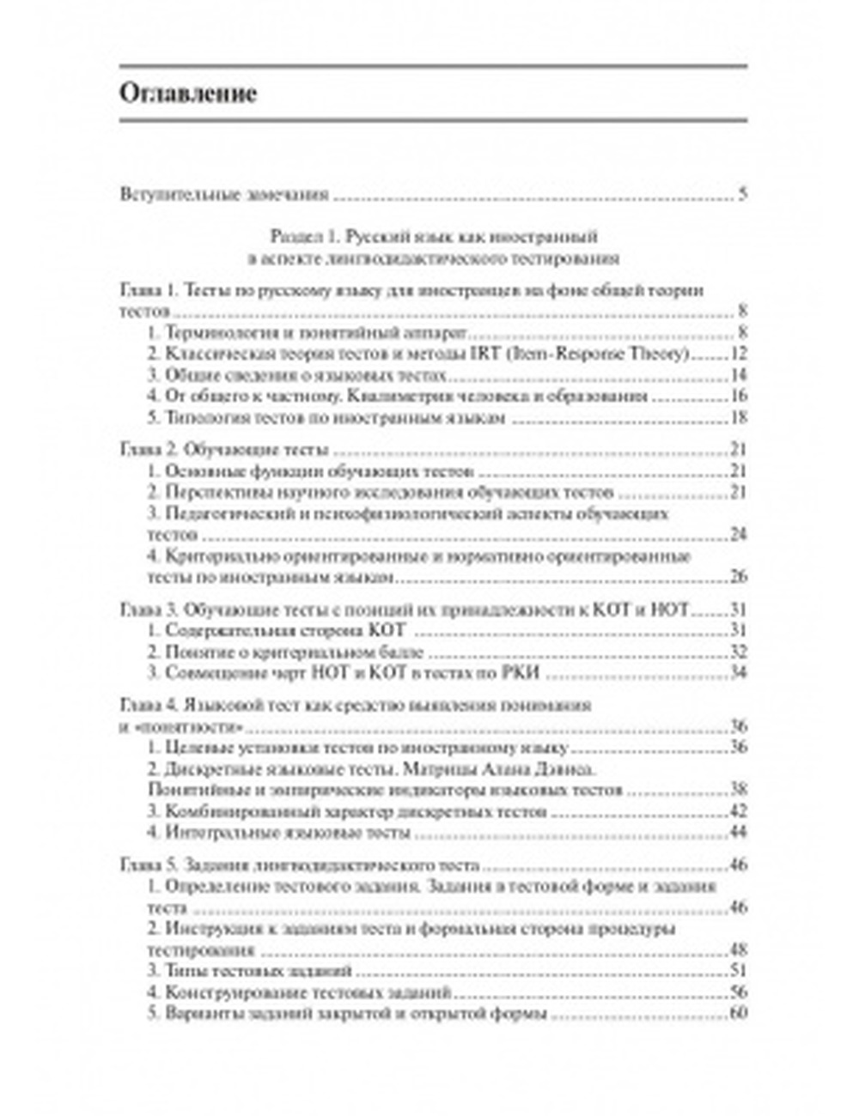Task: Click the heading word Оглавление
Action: [x=188, y=93]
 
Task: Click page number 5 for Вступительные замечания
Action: [x=742, y=194]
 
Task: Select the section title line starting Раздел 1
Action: [x=434, y=236]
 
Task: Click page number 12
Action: [x=738, y=354]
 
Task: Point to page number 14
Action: [x=738, y=375]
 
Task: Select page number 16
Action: [x=738, y=397]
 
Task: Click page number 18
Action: [x=738, y=418]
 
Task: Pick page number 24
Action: [x=738, y=534]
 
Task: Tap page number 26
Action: [x=738, y=576]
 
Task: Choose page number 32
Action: [x=738, y=652]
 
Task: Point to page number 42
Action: [x=738, y=811]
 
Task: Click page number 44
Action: [x=738, y=833]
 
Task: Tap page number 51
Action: [x=738, y=971]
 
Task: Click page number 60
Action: [x=738, y=1014]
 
